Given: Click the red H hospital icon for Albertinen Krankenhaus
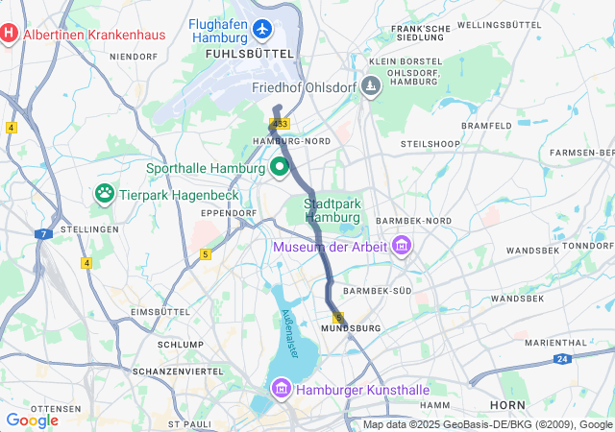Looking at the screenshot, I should (x=9, y=35).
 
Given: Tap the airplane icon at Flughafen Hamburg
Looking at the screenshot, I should (x=262, y=30).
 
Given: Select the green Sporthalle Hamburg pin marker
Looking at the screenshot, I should (x=281, y=167).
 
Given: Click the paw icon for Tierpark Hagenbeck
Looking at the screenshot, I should (x=105, y=194).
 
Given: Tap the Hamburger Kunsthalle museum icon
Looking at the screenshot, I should (x=281, y=390).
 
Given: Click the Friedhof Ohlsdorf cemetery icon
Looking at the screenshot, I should (x=371, y=87).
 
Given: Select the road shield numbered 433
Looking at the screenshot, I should (x=280, y=125).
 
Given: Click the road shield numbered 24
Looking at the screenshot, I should (x=562, y=359).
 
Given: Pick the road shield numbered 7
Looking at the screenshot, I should (x=43, y=234).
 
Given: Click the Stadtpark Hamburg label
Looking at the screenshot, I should (x=326, y=210).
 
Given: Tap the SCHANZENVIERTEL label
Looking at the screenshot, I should (x=172, y=372).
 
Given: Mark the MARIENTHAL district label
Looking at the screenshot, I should (x=555, y=342).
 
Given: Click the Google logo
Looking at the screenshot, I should (x=32, y=420).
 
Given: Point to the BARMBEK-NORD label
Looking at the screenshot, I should (x=414, y=221).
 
